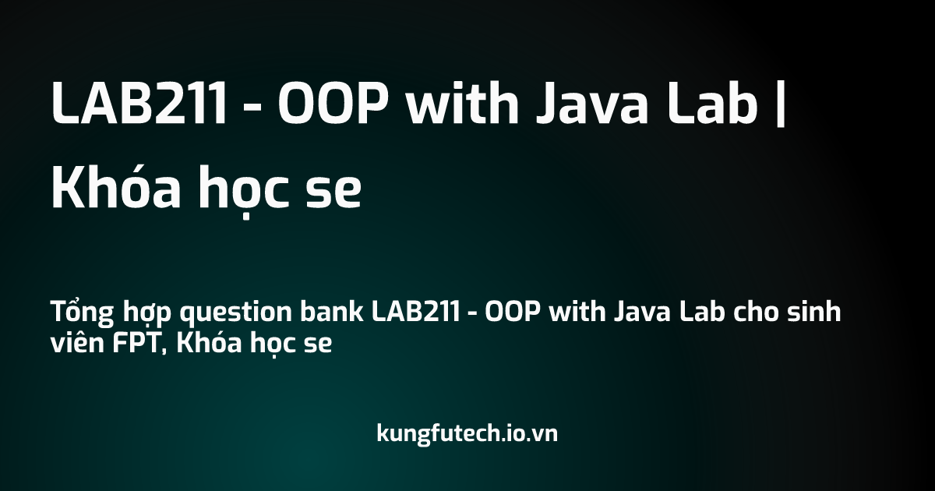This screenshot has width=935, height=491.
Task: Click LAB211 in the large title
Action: (x=139, y=102)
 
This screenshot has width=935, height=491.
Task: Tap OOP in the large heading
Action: (x=333, y=102)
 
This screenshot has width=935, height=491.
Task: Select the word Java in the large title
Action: (x=593, y=102)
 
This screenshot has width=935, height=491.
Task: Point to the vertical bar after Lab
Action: (x=781, y=102)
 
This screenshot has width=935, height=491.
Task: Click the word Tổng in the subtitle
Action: (x=83, y=313)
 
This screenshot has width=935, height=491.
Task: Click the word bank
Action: (x=332, y=311)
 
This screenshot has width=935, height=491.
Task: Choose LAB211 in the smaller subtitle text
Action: (x=415, y=312)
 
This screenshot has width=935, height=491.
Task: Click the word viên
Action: (x=77, y=342)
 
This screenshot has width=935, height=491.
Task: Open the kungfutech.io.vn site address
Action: (x=467, y=433)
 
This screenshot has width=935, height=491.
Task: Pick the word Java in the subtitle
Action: (x=642, y=312)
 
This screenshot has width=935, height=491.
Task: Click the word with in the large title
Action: (x=463, y=102)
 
